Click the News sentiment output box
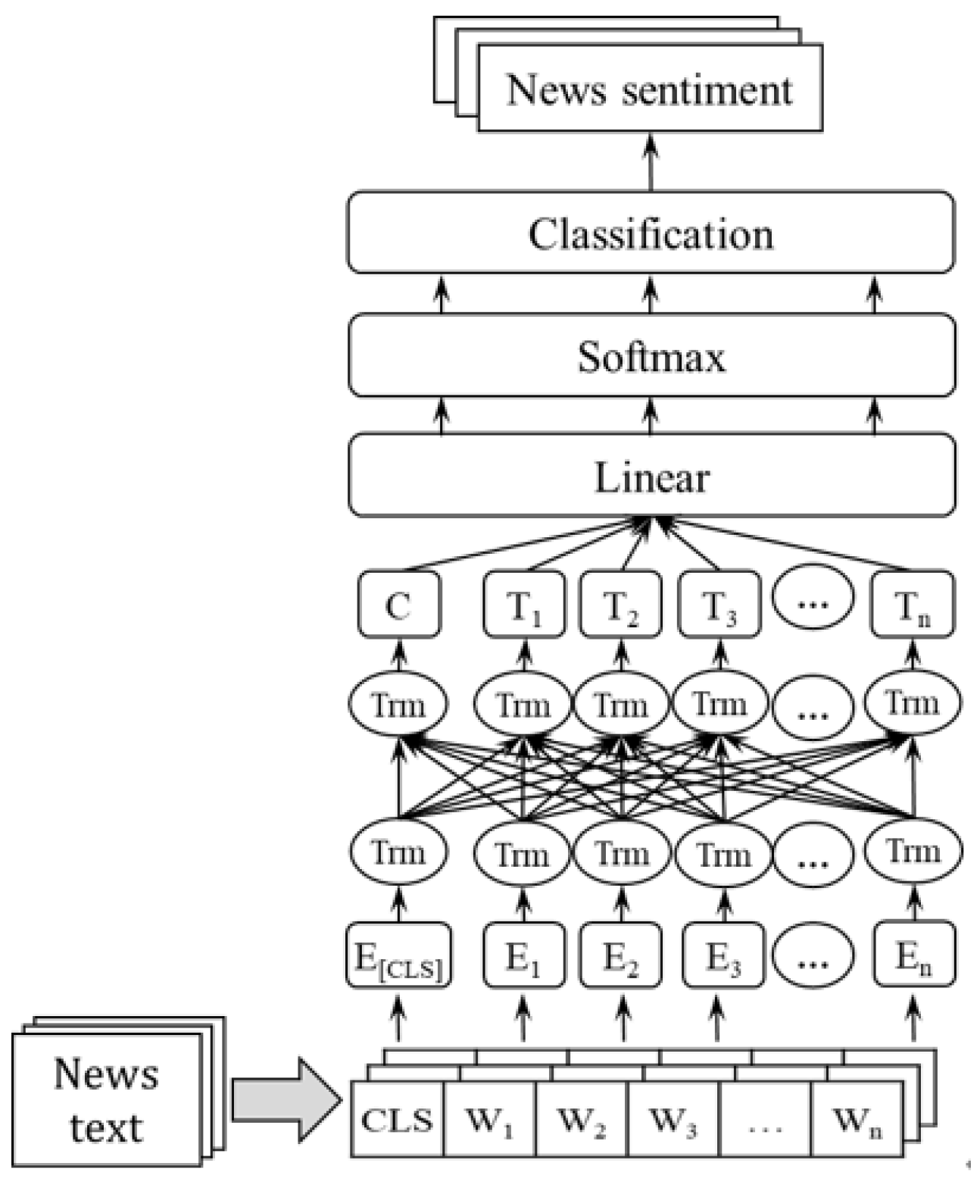click(650, 89)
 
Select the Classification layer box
click(651, 233)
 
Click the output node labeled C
click(398, 605)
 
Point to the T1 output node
click(524, 605)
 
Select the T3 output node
click(719, 605)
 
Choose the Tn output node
click(913, 605)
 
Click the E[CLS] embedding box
click(398, 955)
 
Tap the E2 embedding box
click(621, 955)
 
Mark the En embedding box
click(913, 955)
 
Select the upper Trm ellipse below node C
click(398, 705)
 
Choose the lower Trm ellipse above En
click(913, 852)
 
